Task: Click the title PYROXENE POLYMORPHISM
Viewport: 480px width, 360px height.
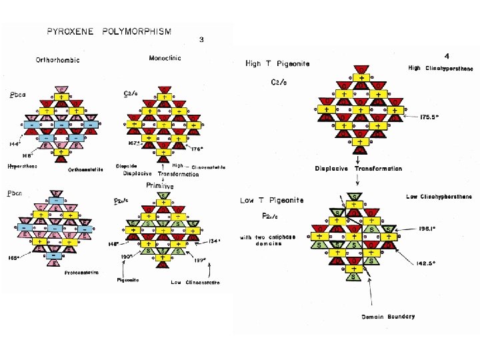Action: tap(109, 31)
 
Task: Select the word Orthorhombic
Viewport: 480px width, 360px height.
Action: tap(57, 60)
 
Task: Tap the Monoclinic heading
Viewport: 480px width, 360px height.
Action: tap(165, 58)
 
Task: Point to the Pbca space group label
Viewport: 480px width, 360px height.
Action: tap(17, 95)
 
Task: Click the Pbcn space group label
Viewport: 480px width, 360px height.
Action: tap(17, 194)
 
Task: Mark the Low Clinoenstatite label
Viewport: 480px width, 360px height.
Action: tap(194, 282)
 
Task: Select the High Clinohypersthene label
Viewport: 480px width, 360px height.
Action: tap(440, 68)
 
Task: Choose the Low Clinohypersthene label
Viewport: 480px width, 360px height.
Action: tap(439, 197)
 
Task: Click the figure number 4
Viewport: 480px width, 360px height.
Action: tap(446, 55)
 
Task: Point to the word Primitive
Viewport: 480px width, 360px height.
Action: tap(160, 186)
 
